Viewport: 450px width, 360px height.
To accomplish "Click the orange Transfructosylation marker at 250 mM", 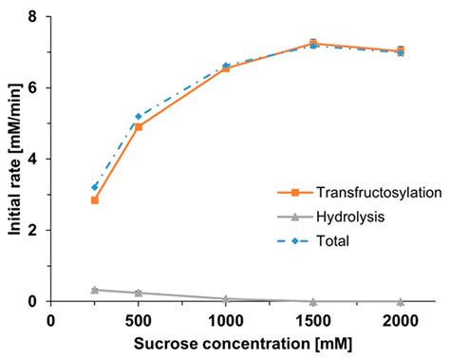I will tap(95, 199).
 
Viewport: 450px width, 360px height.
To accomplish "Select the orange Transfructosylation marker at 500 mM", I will tap(139, 126).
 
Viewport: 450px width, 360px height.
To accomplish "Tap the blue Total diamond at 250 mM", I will tap(95, 187).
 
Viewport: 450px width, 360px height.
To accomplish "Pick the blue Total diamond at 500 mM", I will tap(139, 116).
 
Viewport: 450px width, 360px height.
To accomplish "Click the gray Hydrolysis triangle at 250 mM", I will tap(95, 290).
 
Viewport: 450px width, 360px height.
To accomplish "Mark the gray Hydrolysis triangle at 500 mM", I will tap(139, 293).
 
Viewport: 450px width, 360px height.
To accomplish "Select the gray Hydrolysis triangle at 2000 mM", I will tap(401, 301).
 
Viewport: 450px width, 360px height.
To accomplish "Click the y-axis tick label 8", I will tap(33, 17).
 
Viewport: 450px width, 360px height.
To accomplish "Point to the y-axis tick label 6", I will tap(33, 88).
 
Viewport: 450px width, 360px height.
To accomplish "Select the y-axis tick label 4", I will tap(33, 160).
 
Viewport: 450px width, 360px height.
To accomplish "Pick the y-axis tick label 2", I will tap(33, 231).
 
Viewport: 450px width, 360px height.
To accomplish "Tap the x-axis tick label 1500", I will tap(313, 320).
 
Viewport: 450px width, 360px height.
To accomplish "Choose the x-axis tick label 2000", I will tap(401, 320).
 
